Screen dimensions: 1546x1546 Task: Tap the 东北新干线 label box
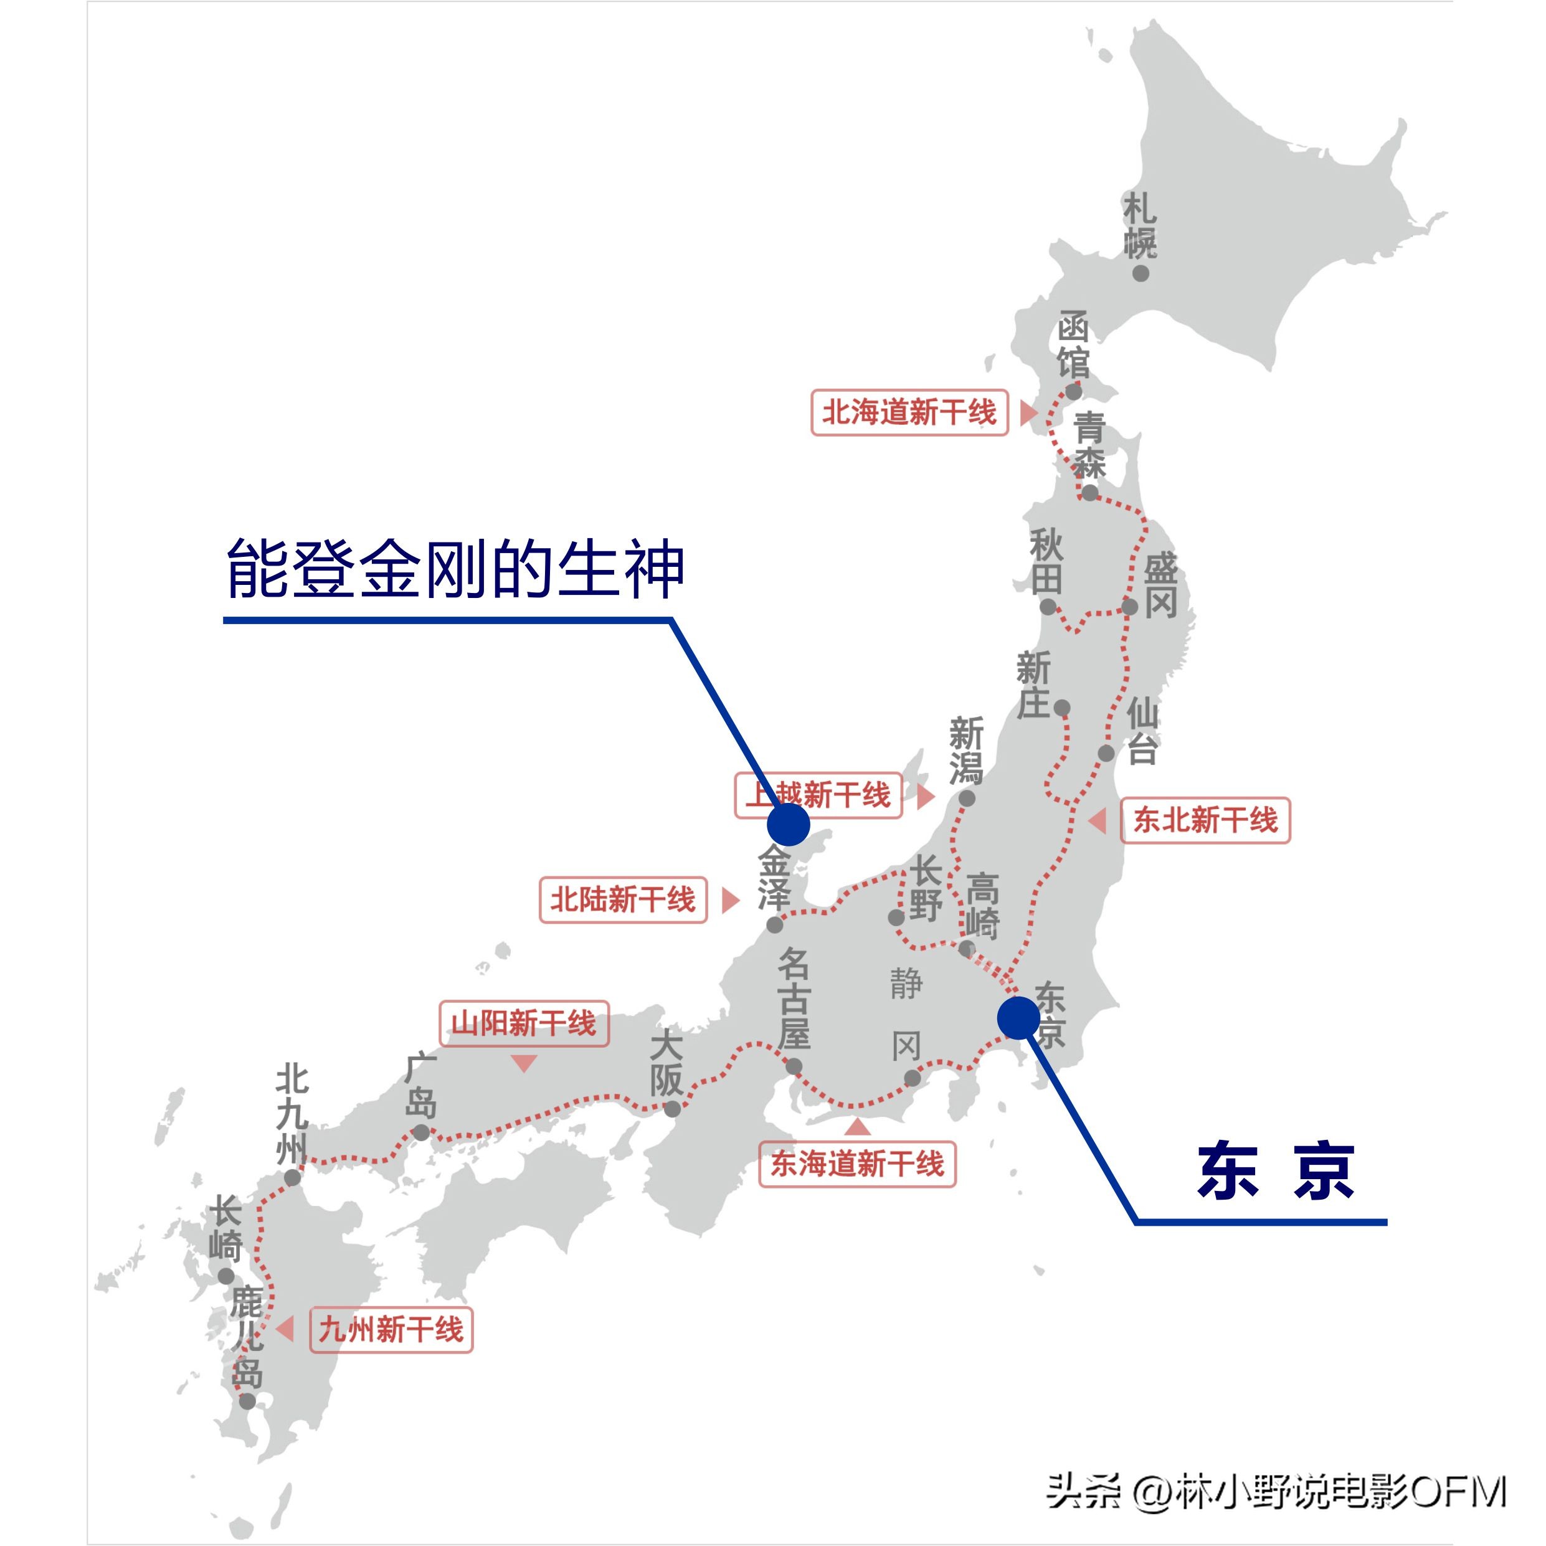[x=1205, y=820]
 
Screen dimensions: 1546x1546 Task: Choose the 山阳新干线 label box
[x=523, y=1023]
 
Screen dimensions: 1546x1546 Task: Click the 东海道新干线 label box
[x=857, y=1164]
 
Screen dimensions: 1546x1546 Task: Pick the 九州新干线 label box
[x=391, y=1330]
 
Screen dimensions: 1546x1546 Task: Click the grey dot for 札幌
[x=1141, y=273]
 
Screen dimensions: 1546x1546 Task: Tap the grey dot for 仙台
[x=1106, y=753]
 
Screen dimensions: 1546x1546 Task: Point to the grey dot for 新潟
[x=967, y=798]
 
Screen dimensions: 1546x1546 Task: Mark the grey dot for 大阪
[x=673, y=1109]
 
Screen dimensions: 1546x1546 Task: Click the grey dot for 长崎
[x=227, y=1276]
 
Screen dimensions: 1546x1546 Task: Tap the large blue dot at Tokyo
[x=1018, y=1018]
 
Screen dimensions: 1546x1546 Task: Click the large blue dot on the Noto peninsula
[x=788, y=824]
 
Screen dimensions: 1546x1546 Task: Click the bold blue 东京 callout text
[x=1276, y=1172]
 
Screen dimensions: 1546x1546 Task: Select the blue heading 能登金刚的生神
[x=455, y=569]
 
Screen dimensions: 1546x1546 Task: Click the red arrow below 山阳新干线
[x=523, y=1063]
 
